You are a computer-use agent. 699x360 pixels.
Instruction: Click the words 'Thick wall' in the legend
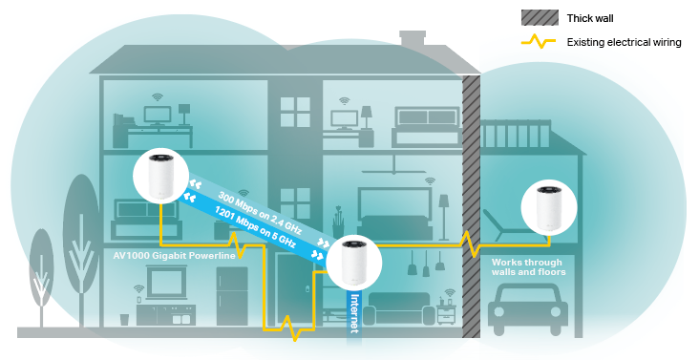click(x=592, y=17)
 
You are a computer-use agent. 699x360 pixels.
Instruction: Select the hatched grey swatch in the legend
click(x=540, y=17)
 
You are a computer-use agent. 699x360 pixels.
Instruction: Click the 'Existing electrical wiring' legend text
click(x=624, y=42)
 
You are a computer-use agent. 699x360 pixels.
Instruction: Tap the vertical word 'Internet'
click(x=354, y=313)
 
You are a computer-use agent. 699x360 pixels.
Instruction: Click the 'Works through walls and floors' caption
click(x=528, y=266)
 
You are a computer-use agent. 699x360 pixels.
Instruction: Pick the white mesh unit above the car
click(x=549, y=207)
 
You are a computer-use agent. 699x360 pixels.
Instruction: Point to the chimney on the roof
click(x=413, y=38)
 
